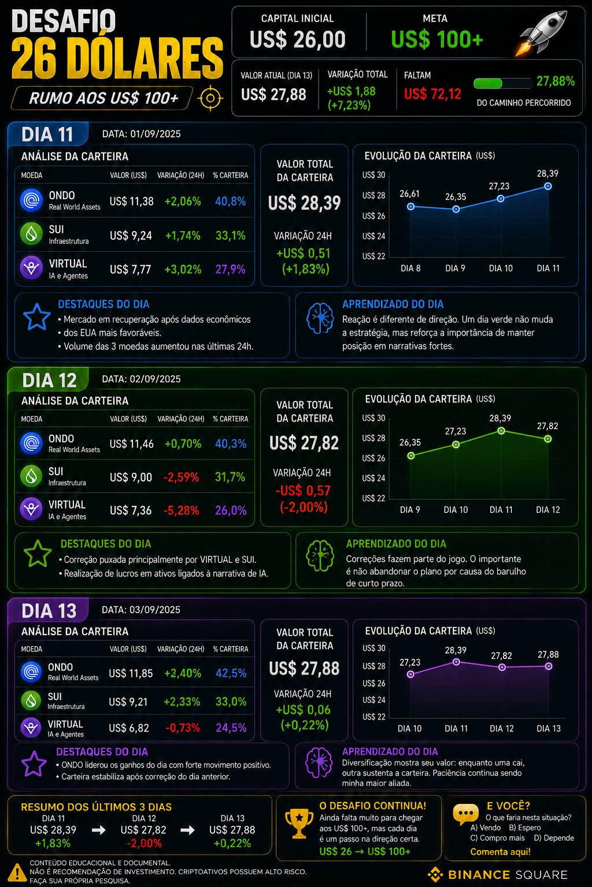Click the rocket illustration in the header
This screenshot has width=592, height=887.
tap(542, 32)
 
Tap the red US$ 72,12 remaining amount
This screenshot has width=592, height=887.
tap(432, 94)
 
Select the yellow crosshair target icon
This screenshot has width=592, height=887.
tap(210, 98)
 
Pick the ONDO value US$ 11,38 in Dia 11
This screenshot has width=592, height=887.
tap(132, 202)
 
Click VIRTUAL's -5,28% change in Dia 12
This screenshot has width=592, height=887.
tap(182, 510)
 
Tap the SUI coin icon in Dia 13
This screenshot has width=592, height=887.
tap(31, 700)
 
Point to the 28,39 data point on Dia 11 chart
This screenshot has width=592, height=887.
tap(548, 186)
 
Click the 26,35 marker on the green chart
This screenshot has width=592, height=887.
tap(411, 456)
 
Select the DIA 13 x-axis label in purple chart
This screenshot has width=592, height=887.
tap(549, 728)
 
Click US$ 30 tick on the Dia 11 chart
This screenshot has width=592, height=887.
tap(373, 175)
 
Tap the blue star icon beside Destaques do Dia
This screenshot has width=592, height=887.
tap(36, 317)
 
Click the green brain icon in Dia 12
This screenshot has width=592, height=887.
tap(320, 556)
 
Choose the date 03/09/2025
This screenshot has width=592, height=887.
tap(155, 609)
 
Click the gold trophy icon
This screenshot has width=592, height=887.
tap(299, 823)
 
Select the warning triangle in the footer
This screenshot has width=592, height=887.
tap(17, 873)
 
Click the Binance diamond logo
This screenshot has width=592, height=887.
tap(436, 874)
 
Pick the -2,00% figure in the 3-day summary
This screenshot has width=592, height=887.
tap(144, 843)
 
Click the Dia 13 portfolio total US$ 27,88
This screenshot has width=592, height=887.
tap(304, 668)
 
